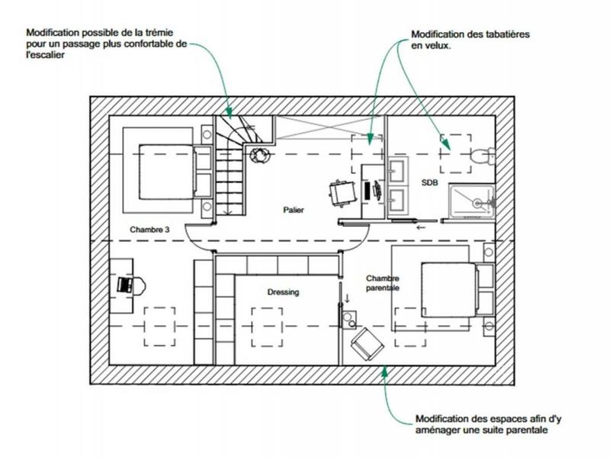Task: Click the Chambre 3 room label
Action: click(x=149, y=230)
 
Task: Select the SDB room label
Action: click(x=432, y=183)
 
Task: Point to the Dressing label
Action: click(x=283, y=292)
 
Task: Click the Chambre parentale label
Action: click(x=384, y=283)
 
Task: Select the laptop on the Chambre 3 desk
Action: click(x=126, y=285)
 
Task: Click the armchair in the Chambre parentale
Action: click(x=367, y=345)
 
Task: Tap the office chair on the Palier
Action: click(x=342, y=192)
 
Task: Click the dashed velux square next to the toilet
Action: click(x=455, y=151)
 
